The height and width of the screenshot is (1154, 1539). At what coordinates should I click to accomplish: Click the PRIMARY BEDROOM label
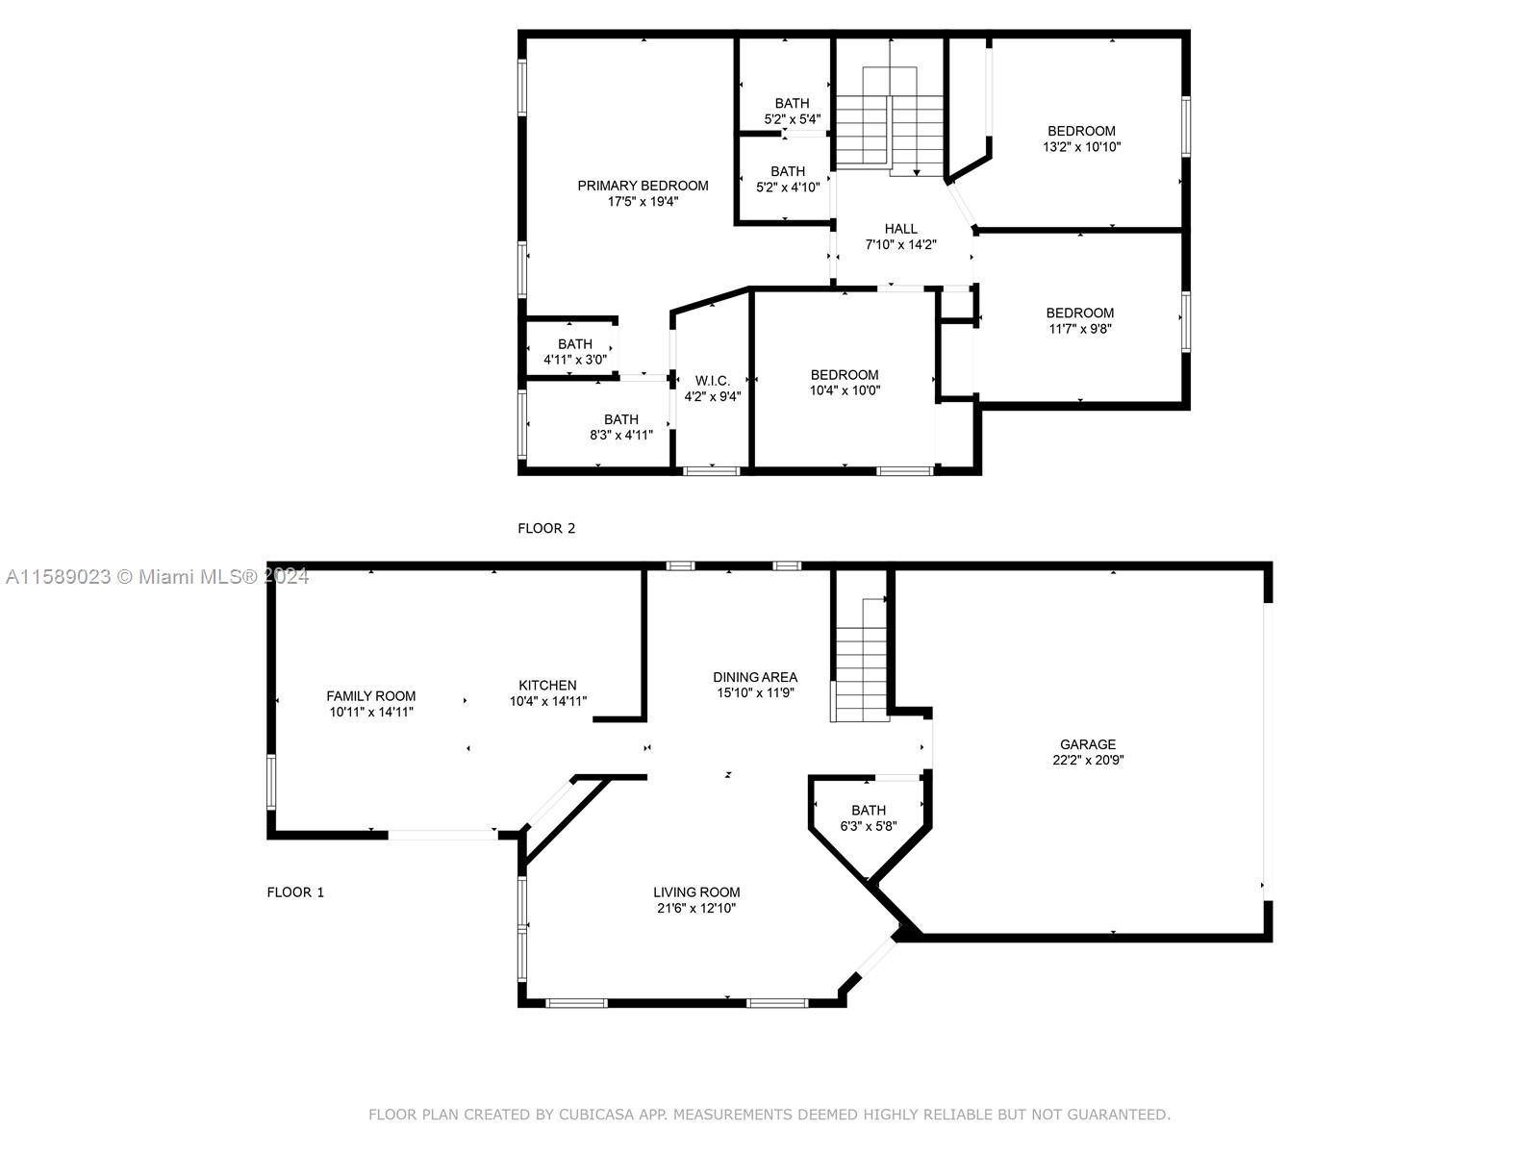click(x=643, y=186)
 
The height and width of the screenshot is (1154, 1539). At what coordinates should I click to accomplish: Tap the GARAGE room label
click(x=1088, y=744)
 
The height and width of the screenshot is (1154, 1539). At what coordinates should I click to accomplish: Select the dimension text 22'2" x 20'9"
click(x=1088, y=760)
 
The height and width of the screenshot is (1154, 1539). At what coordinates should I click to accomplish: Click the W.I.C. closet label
click(x=713, y=381)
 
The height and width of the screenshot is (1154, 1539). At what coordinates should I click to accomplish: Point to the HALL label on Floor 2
click(x=901, y=229)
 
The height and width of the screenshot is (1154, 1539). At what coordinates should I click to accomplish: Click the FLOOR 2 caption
click(x=546, y=528)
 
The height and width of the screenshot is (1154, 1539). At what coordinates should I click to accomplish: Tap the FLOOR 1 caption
click(x=295, y=892)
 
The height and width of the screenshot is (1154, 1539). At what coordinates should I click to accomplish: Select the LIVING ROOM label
click(x=696, y=892)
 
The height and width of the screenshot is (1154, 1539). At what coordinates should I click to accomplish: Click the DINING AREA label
click(x=755, y=677)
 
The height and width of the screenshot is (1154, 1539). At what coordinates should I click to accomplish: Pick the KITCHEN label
click(x=547, y=686)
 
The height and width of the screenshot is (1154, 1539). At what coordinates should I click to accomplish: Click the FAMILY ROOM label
click(x=371, y=695)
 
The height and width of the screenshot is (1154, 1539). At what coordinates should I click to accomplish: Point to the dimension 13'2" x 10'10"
click(x=1081, y=146)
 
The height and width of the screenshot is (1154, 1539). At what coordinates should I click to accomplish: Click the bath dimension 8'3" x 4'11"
click(x=621, y=435)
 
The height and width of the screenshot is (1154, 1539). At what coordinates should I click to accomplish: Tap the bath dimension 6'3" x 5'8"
click(x=869, y=825)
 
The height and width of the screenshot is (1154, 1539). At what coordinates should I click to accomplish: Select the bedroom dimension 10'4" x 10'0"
click(x=845, y=390)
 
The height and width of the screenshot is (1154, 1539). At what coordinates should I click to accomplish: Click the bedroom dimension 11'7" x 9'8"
click(x=1080, y=329)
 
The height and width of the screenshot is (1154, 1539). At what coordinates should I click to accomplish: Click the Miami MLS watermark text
click(x=157, y=577)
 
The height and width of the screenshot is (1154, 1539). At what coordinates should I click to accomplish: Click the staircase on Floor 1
click(x=860, y=660)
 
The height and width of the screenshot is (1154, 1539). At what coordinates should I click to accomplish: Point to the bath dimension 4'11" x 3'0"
click(x=575, y=360)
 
